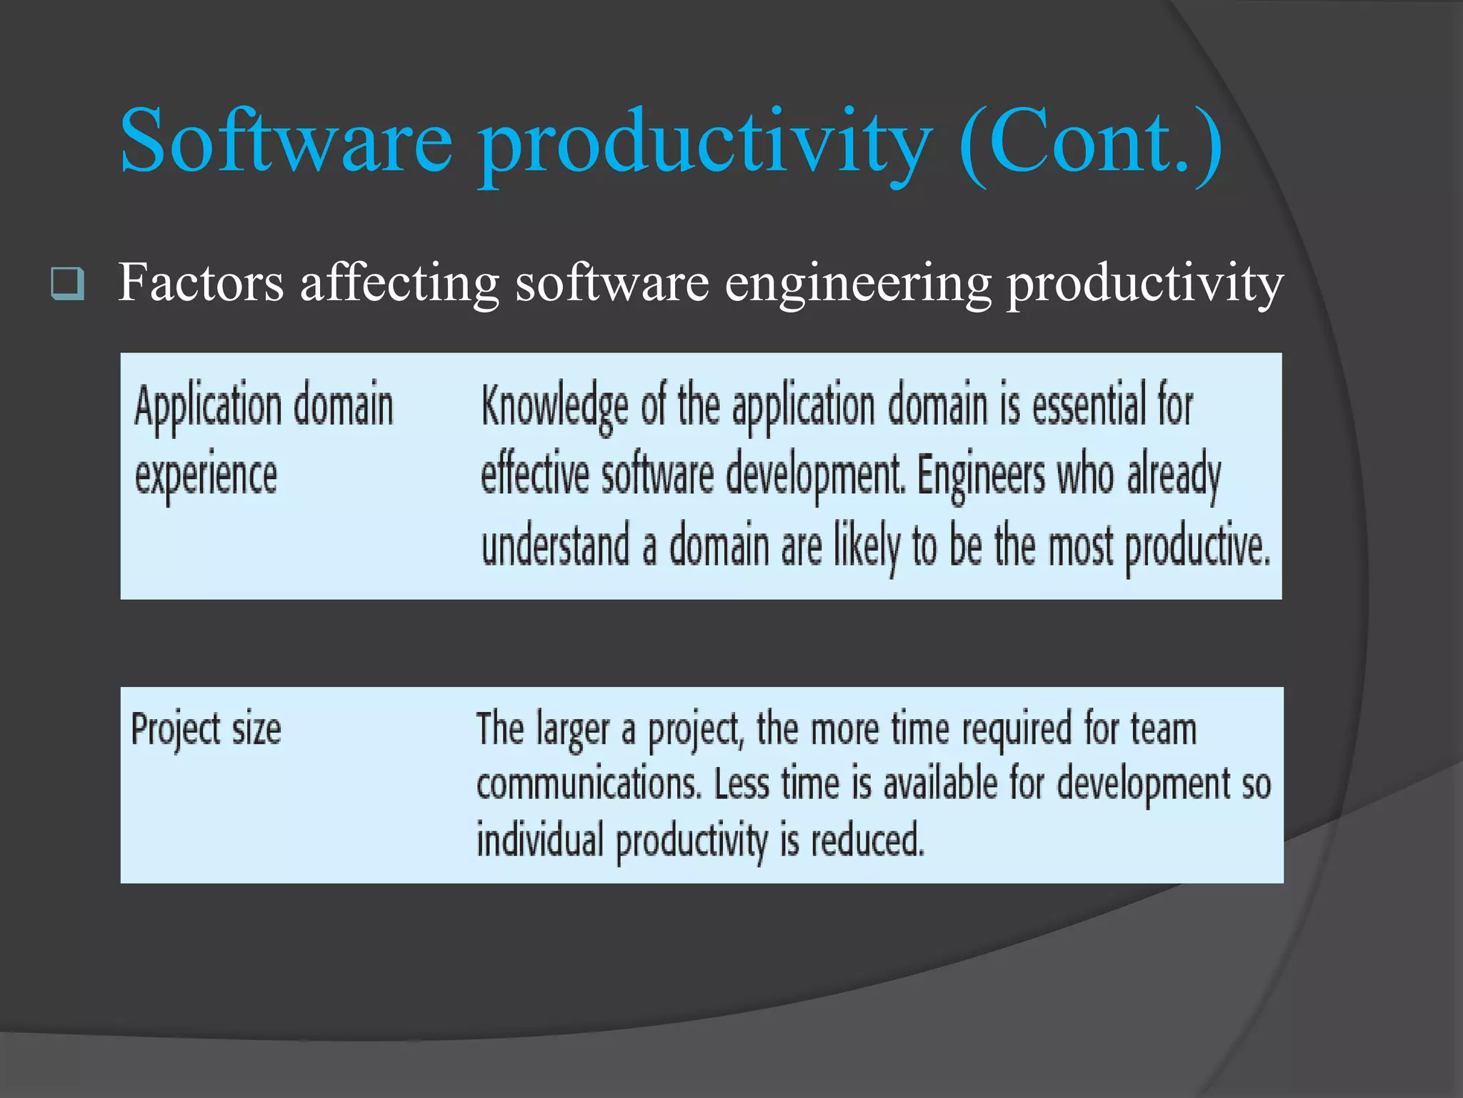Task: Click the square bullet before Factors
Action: click(68, 284)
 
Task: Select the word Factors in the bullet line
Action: click(201, 283)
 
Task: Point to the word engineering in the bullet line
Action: click(858, 285)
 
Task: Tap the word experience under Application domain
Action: click(206, 476)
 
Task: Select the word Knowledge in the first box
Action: click(554, 406)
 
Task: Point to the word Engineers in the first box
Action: click(979, 475)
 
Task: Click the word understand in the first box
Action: click(555, 545)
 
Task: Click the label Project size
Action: click(206, 730)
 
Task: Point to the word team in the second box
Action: click(1163, 730)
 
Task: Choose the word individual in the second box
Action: click(540, 839)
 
